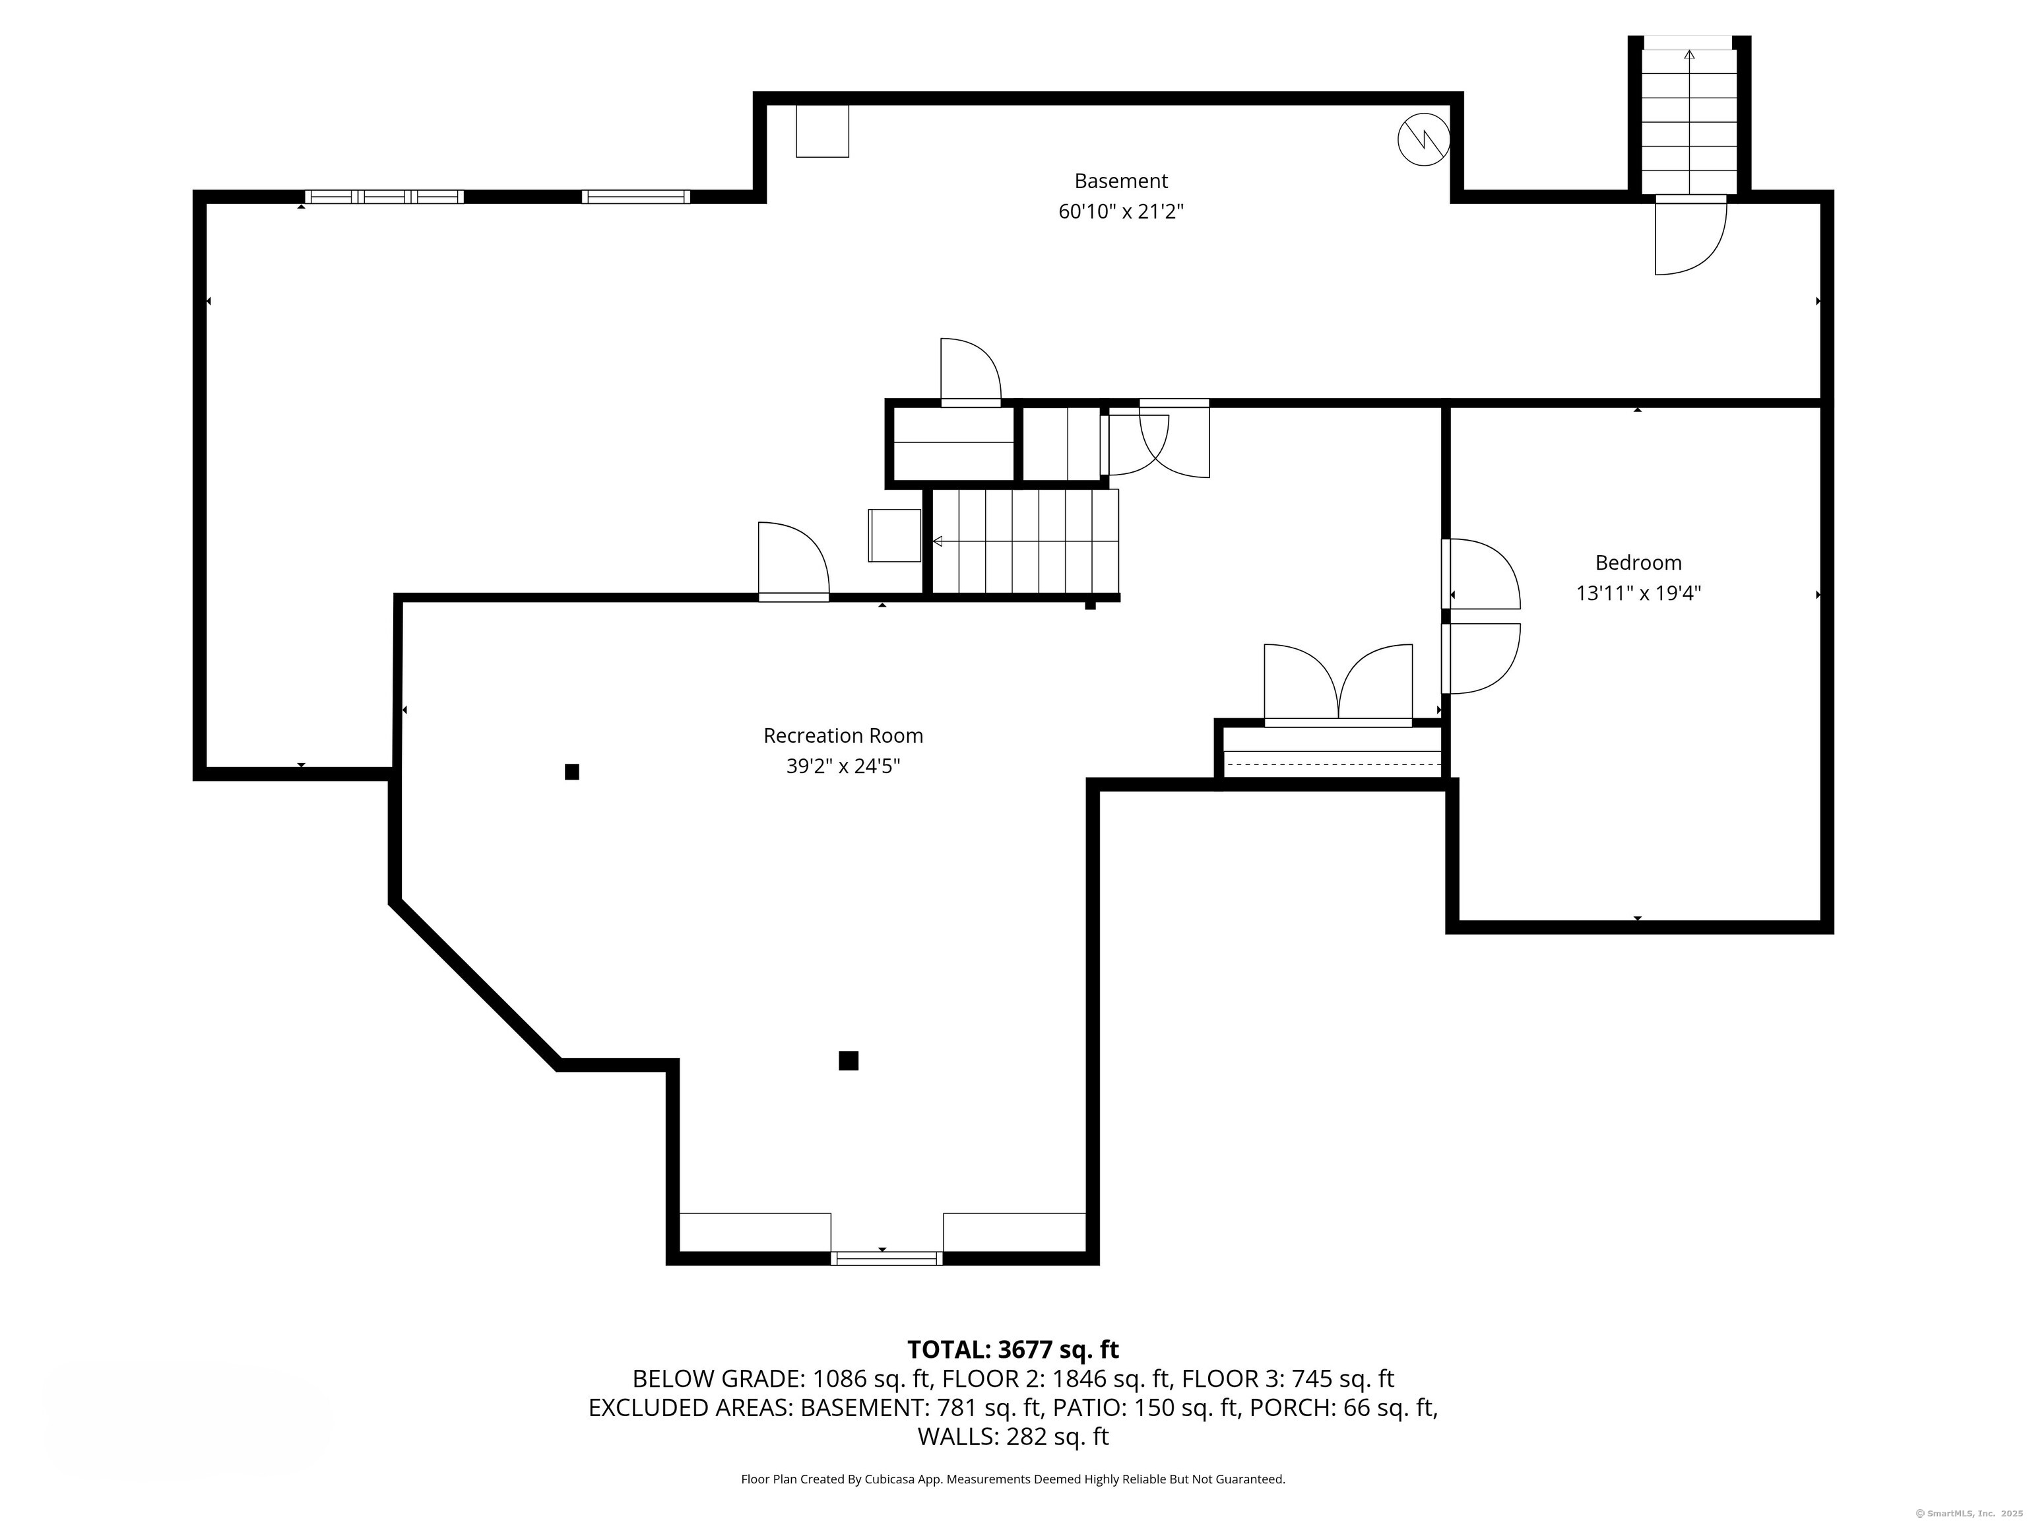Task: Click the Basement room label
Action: [1120, 181]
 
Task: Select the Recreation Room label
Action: [843, 735]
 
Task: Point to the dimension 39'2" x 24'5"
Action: [843, 766]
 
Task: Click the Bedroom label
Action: [1638, 563]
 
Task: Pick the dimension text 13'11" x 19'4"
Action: [1638, 593]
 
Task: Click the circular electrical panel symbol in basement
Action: [1423, 139]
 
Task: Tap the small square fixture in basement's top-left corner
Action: [822, 131]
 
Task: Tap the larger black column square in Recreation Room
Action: [849, 1061]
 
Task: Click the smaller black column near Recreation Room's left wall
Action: [572, 772]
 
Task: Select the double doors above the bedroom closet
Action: [1338, 685]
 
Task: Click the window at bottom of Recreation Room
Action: [886, 1258]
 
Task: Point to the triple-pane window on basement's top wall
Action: [384, 196]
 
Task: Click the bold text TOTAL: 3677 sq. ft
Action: [1013, 1349]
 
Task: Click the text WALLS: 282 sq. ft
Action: [1013, 1436]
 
